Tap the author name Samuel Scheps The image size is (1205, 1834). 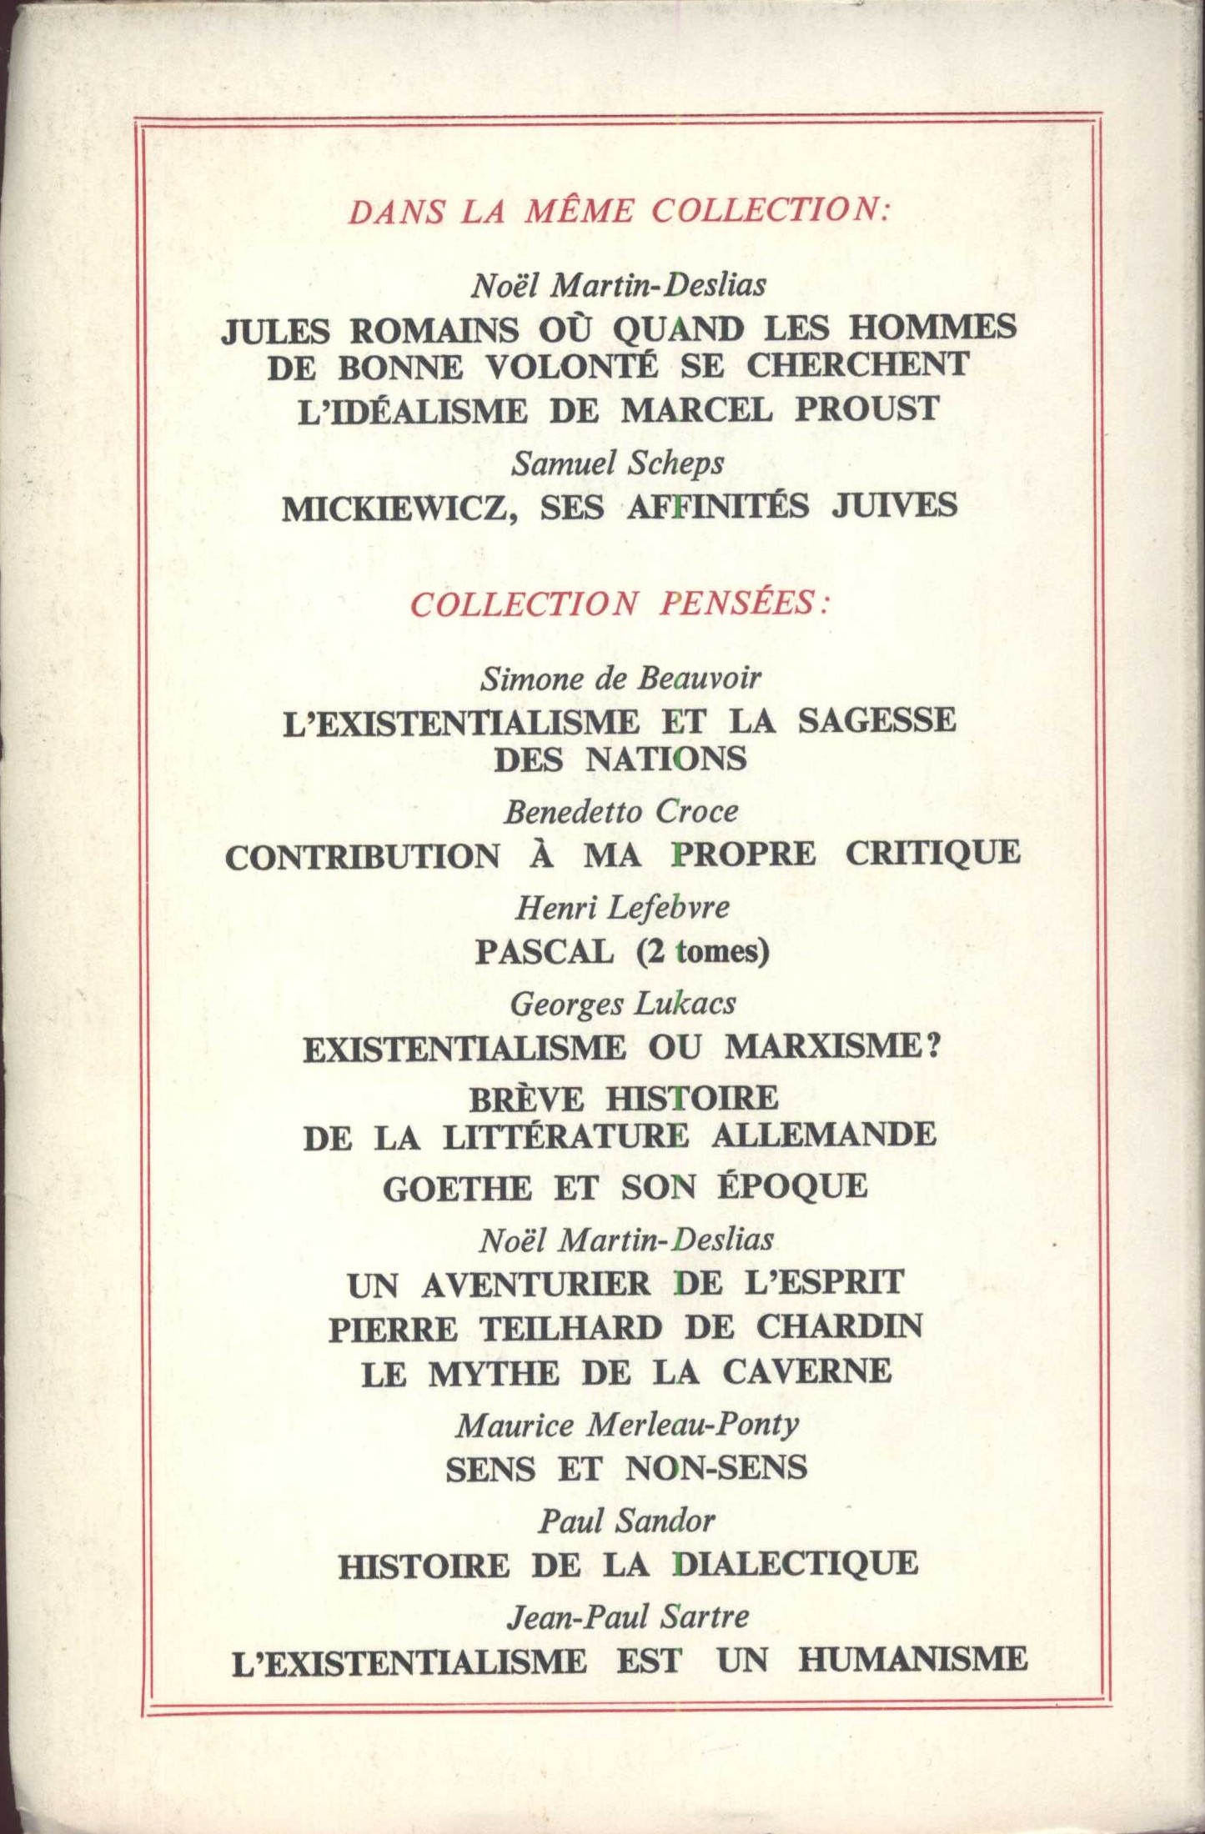click(x=618, y=463)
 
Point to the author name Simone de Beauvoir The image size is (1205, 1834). click(x=620, y=679)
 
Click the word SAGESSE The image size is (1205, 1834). click(x=876, y=720)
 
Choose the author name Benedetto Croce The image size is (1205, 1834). click(x=620, y=811)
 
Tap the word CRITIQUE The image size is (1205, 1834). click(x=932, y=854)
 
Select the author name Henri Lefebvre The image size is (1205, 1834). click(x=622, y=907)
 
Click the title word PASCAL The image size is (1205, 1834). click(x=545, y=950)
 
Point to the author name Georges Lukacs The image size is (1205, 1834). click(x=623, y=1003)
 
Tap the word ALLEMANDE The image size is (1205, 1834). click(x=824, y=1135)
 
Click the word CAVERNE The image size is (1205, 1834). click(x=806, y=1372)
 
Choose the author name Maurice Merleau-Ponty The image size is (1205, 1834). click(x=627, y=1425)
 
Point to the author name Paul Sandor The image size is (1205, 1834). click(x=626, y=1521)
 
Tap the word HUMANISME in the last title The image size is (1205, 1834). click(x=912, y=1660)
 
